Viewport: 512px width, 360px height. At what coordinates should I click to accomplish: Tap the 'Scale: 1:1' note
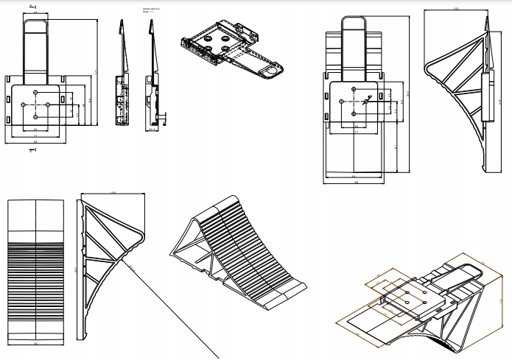tap(146, 13)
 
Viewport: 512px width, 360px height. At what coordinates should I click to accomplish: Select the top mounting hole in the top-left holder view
tap(36, 92)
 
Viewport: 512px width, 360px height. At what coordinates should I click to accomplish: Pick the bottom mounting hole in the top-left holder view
tap(36, 118)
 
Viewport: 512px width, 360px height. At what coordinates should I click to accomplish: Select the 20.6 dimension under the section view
tap(153, 130)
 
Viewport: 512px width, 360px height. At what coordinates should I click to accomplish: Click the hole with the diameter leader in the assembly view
tap(354, 102)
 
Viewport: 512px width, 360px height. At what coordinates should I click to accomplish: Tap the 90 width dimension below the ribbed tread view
tap(35, 343)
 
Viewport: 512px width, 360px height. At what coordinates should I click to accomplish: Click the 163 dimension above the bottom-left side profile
tap(112, 193)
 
